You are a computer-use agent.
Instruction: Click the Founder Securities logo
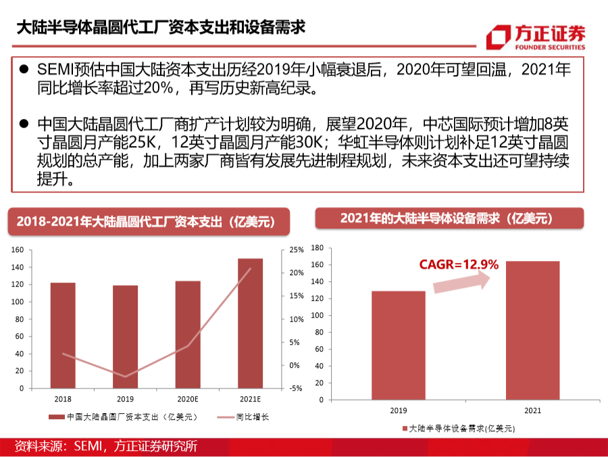click(x=536, y=37)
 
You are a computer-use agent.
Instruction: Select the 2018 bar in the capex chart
click(x=63, y=335)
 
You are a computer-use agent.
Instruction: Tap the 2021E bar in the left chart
click(x=251, y=323)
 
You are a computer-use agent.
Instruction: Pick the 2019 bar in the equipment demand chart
click(x=398, y=345)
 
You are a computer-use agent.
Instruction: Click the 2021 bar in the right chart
click(x=533, y=331)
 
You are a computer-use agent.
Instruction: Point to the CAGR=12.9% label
click(x=459, y=264)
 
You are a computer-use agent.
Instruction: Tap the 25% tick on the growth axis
click(x=297, y=250)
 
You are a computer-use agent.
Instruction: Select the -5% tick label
click(x=296, y=388)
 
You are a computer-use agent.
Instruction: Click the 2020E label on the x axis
click(x=188, y=399)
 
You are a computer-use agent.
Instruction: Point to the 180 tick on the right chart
click(x=318, y=248)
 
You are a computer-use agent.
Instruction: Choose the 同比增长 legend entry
click(x=243, y=417)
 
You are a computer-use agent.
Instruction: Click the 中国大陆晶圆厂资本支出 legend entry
click(x=124, y=417)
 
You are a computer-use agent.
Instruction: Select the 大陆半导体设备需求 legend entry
click(x=459, y=429)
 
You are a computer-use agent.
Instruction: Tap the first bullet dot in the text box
click(x=24, y=69)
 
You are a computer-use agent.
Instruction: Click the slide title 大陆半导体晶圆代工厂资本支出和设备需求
click(x=161, y=28)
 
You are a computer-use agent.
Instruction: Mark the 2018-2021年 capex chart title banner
click(x=149, y=222)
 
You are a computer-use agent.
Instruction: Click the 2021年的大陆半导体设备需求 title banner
click(x=449, y=218)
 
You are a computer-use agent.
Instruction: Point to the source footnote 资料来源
click(x=106, y=446)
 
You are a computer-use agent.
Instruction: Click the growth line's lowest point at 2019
click(x=125, y=377)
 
